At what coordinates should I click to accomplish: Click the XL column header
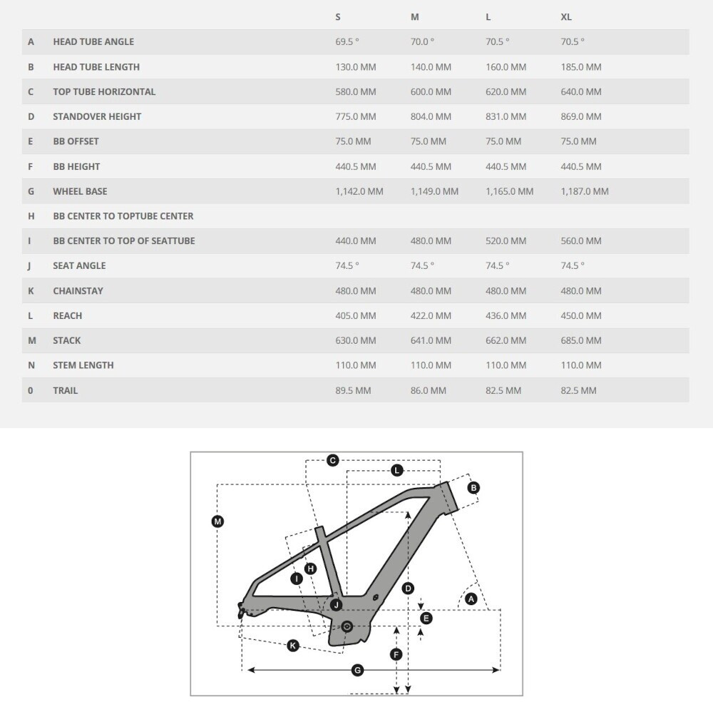tap(566, 17)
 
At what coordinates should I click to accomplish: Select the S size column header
tap(338, 17)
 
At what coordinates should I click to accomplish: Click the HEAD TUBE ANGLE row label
tap(93, 42)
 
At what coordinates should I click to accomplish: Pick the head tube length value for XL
tap(580, 67)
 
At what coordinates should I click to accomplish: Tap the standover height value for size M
tap(431, 116)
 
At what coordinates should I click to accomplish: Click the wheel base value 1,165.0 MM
tap(509, 191)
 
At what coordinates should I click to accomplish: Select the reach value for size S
tap(355, 315)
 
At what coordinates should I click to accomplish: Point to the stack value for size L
tap(506, 340)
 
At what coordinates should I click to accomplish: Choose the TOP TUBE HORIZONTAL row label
tap(103, 91)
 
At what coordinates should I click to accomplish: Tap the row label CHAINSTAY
tap(78, 290)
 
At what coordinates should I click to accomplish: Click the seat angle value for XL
tap(572, 265)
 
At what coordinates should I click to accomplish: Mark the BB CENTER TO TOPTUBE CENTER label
tap(123, 215)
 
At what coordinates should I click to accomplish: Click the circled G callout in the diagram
tap(358, 670)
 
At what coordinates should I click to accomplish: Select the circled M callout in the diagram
tap(218, 522)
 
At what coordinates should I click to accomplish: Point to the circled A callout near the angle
tap(471, 600)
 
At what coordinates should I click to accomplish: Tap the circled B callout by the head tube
tap(473, 488)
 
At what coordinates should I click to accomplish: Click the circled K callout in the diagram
tap(293, 646)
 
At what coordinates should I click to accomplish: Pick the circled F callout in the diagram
tap(396, 654)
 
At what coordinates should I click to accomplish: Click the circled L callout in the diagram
tap(397, 470)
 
